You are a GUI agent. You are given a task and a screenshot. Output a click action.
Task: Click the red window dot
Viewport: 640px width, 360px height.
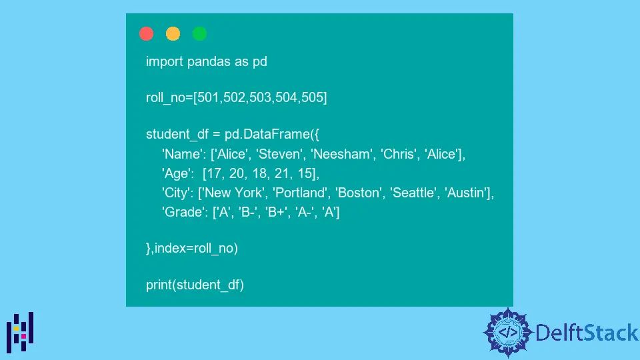tap(147, 34)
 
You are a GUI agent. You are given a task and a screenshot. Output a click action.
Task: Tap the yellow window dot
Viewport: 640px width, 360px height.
tap(173, 34)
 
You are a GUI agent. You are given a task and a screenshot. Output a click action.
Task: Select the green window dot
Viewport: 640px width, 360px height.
tap(199, 34)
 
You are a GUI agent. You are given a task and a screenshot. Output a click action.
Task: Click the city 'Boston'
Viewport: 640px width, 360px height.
tap(361, 193)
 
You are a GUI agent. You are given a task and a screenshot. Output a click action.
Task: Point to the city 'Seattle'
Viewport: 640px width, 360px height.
tap(414, 193)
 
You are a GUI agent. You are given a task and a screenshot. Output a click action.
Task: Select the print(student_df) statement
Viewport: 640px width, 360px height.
tap(195, 285)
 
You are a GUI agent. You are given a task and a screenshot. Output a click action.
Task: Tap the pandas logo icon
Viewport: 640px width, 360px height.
tap(21, 332)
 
